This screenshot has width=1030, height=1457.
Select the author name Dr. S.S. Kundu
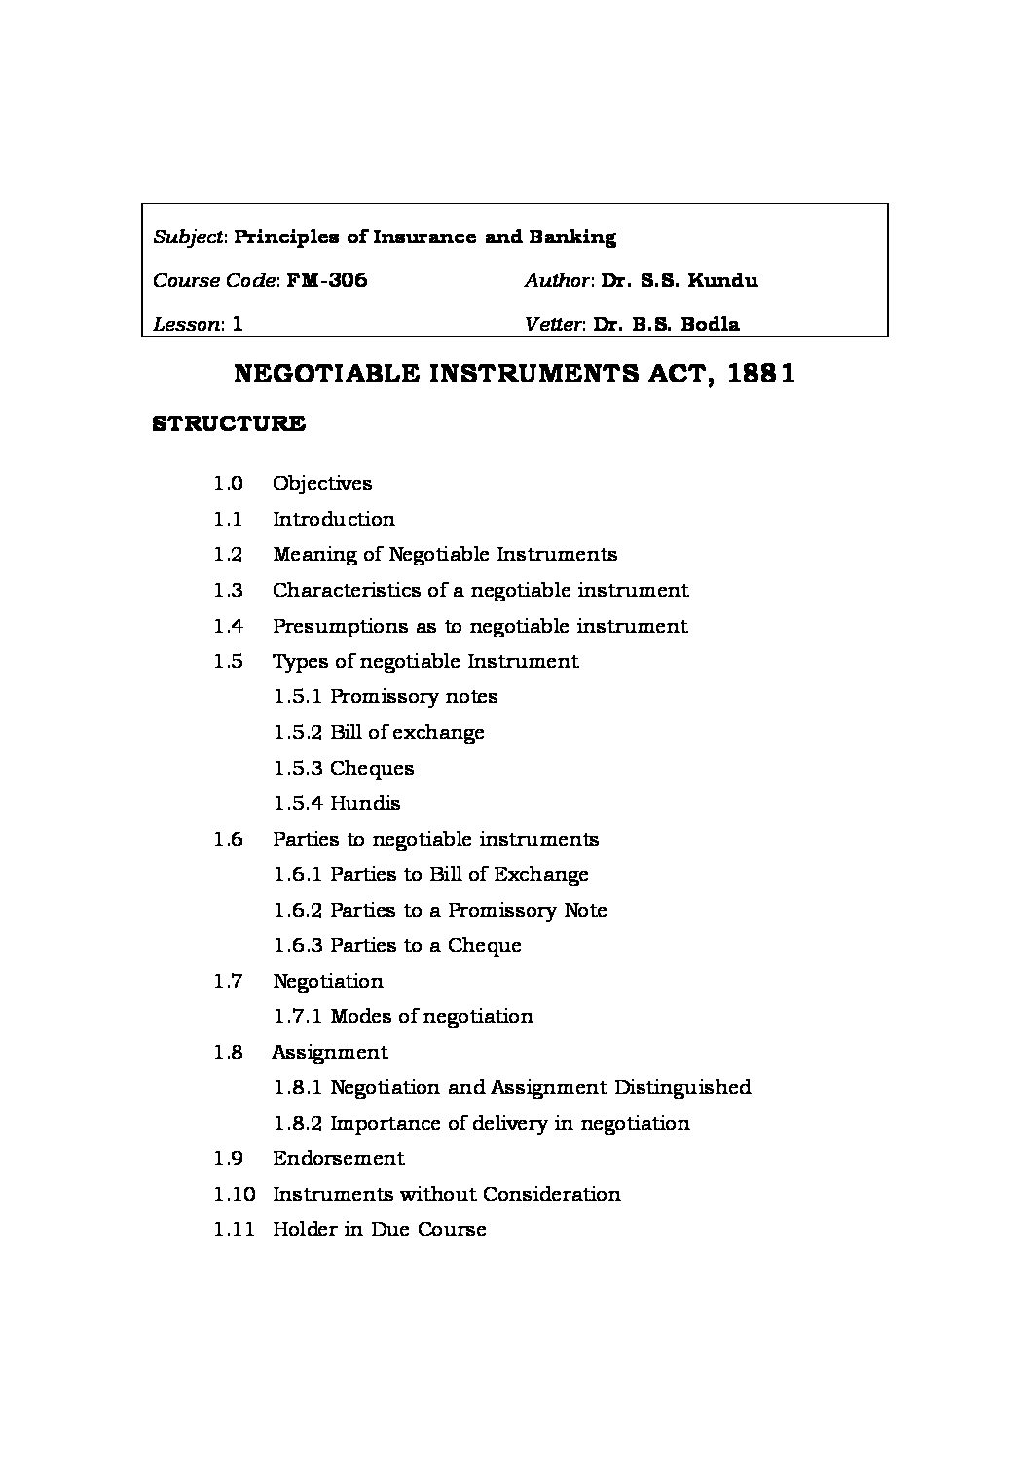coord(680,281)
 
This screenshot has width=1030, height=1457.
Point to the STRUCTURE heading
coord(229,424)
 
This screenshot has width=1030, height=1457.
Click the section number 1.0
coord(228,484)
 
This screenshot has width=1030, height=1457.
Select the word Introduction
coord(333,520)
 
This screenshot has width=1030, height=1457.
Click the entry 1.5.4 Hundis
coord(337,804)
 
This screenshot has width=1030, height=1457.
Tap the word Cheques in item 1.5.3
coord(372,769)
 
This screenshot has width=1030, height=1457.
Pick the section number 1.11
coord(234,1230)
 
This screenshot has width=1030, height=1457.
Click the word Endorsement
coord(338,1159)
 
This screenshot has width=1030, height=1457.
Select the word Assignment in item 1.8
coord(330,1053)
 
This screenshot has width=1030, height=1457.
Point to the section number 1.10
coord(234,1195)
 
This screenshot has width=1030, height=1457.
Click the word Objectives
coord(322,484)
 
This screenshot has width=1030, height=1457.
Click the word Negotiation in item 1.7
coord(328,982)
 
